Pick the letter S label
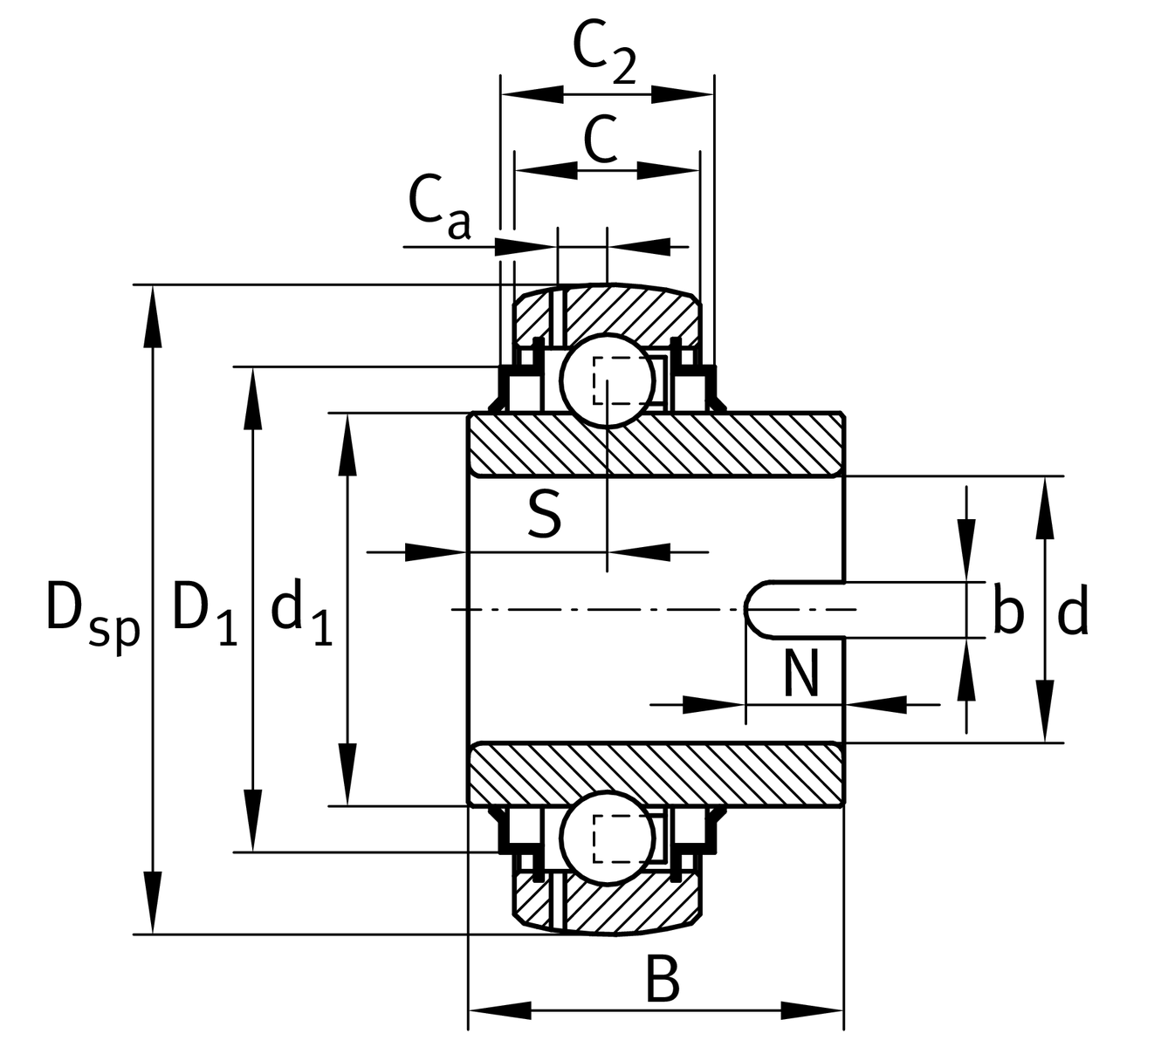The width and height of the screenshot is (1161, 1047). click(x=544, y=515)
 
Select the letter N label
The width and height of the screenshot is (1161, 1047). click(x=801, y=674)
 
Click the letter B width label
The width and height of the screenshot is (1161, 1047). click(x=662, y=980)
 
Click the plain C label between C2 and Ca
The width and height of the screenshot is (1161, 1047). click(x=601, y=140)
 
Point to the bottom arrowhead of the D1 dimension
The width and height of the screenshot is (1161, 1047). click(x=253, y=820)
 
